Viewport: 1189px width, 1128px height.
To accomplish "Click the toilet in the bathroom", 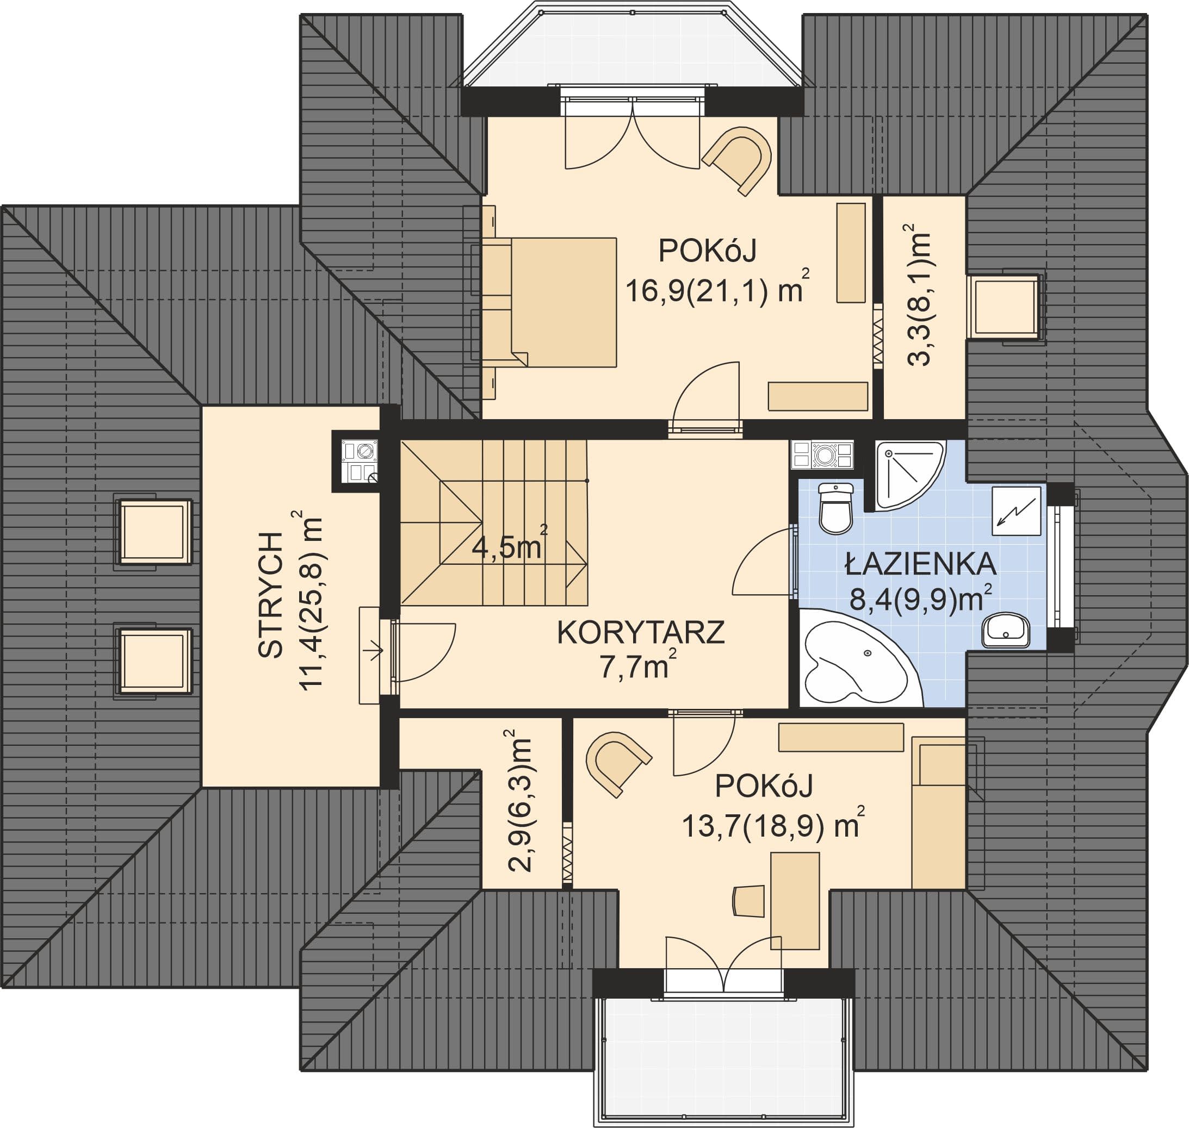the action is (836, 508).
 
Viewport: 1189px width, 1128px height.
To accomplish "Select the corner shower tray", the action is (908, 475).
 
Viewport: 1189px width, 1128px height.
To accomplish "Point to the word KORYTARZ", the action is (640, 633).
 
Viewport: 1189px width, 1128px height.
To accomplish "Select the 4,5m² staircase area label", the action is (509, 545).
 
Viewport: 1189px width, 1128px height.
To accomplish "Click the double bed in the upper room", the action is (549, 302).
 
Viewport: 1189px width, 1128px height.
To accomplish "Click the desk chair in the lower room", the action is (748, 901).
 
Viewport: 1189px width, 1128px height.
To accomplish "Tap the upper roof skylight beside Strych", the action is (154, 532).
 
